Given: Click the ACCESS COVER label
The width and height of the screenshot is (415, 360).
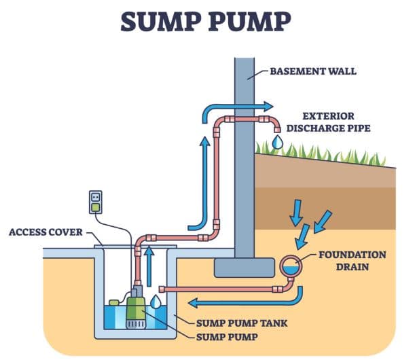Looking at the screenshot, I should pyautogui.click(x=45, y=232).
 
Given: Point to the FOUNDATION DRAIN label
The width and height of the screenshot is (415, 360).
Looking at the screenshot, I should pyautogui.click(x=351, y=261).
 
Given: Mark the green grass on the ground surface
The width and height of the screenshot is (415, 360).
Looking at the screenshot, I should pyautogui.click(x=319, y=151).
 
